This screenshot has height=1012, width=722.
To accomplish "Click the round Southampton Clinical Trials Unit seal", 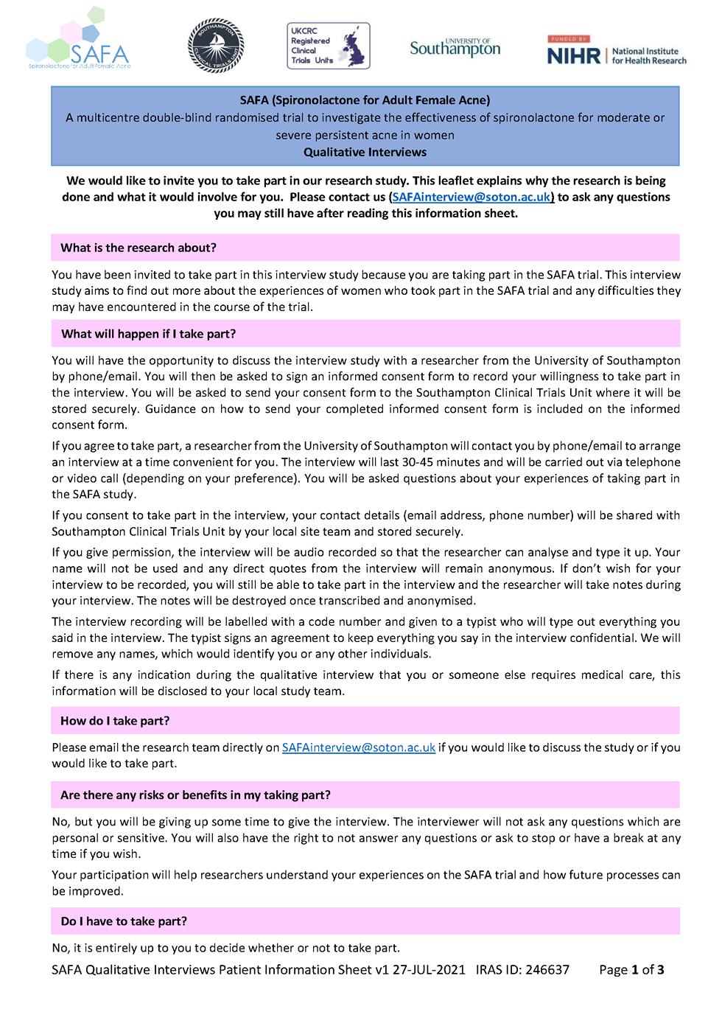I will coord(214,44).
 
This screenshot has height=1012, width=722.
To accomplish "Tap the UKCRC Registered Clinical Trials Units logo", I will coord(328,45).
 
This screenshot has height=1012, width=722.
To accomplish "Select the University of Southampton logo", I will coord(455,47).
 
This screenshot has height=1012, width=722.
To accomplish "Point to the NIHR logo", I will coord(616,50).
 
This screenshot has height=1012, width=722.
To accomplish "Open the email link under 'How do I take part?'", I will coord(359,747).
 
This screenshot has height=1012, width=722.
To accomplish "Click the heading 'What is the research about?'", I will coord(139,248).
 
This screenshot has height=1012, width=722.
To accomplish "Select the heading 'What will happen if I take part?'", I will coord(148,334).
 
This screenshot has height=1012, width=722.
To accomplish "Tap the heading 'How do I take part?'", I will coord(116,720).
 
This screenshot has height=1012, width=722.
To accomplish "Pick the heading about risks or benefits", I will coord(195,795).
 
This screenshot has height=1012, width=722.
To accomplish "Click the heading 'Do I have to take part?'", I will coord(124,921).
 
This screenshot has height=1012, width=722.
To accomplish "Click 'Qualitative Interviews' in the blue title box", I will coord(365,153).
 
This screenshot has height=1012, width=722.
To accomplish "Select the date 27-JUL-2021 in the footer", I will coord(428,970).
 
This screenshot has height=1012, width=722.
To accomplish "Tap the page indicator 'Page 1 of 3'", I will coord(631,970).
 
